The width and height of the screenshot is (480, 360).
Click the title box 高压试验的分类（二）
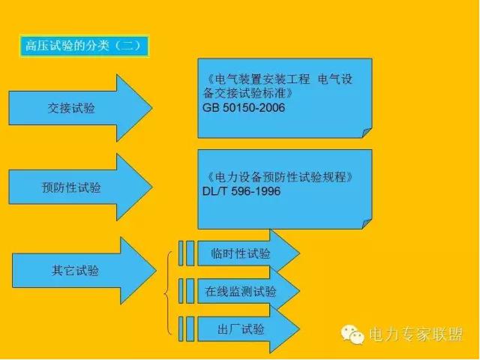click(85, 46)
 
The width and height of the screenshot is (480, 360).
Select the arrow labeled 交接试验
click(80, 108)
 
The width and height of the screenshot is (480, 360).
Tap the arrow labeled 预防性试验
click(80, 187)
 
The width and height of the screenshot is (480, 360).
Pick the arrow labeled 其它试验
click(84, 271)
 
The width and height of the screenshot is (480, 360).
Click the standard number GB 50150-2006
click(244, 108)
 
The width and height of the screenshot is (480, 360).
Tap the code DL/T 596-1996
click(241, 191)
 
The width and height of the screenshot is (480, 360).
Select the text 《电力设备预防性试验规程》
click(279, 177)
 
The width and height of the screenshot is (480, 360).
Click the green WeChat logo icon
click(352, 334)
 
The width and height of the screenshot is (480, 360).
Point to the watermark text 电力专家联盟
click(415, 334)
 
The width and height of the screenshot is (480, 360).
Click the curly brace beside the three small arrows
click(168, 293)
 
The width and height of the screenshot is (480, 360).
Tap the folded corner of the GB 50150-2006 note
click(367, 133)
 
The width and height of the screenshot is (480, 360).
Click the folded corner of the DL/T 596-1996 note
click(367, 224)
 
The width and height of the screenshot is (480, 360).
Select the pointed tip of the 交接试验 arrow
click(152, 108)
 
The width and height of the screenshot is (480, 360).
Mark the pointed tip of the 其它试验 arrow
click(156, 271)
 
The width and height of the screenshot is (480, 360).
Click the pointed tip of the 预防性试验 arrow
click(152, 187)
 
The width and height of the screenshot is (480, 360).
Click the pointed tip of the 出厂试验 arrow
click(300, 329)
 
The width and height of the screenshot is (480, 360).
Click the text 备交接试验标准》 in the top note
click(248, 93)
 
